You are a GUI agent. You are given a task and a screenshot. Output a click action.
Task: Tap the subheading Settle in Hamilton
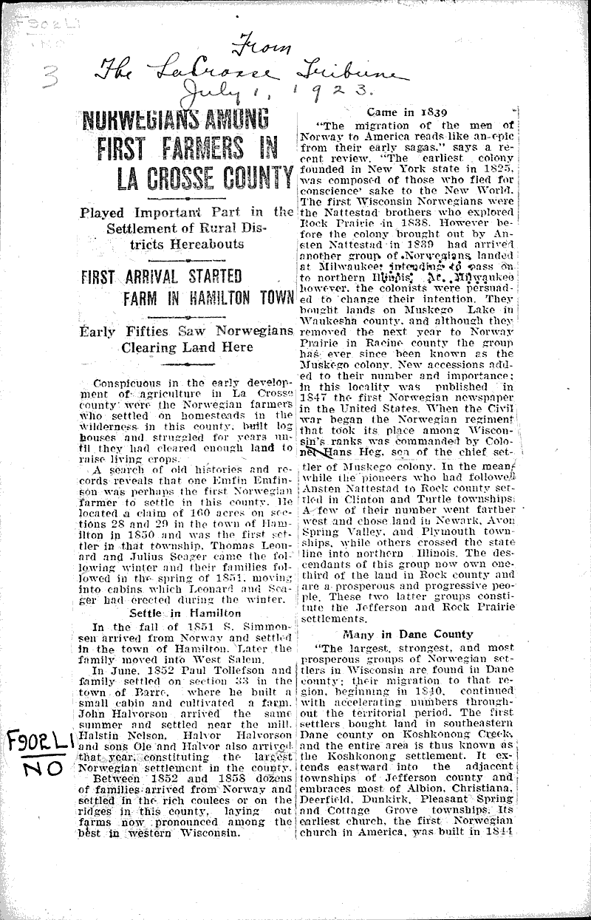(x=185, y=613)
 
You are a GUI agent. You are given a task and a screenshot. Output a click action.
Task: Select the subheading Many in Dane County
(x=407, y=634)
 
